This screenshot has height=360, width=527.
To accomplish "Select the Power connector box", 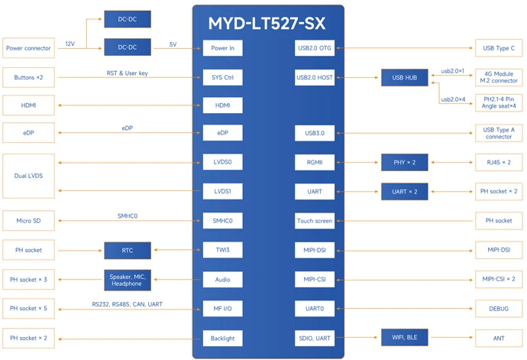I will coord(28,48).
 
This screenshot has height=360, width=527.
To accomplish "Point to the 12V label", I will coord(70,44).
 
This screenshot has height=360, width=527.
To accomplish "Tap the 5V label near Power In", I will coord(173,44).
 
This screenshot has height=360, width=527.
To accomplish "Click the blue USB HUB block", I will coord(404,77).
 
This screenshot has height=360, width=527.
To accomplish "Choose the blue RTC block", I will coord(127,250).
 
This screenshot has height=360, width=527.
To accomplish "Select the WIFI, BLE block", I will coord(404,337).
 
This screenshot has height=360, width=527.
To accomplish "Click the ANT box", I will coord(498,337).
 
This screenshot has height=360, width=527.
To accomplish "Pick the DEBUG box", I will coord(498,308).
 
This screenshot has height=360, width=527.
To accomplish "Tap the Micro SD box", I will coord(28,221).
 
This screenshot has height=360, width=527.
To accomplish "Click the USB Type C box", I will coord(498,48).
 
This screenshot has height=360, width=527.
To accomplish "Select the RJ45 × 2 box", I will coord(498,163).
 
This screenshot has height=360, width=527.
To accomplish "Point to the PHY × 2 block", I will coord(404,163).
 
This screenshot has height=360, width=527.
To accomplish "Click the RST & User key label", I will coord(127,73).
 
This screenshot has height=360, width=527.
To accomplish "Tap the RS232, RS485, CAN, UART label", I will coord(127,304).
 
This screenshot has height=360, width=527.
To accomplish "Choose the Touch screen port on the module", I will coord(315,221).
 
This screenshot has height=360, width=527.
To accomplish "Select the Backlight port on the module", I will coord(222,337).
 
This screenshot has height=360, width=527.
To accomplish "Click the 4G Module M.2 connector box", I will coord(498,77).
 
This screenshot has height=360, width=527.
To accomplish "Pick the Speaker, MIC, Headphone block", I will coord(127,280).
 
